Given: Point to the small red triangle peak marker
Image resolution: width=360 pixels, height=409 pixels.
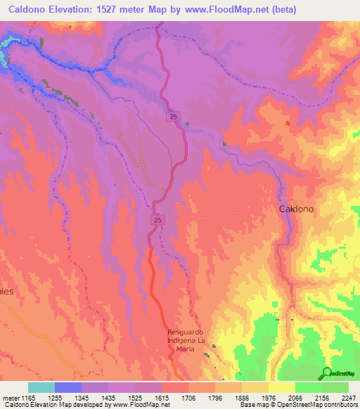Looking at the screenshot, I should [287, 124].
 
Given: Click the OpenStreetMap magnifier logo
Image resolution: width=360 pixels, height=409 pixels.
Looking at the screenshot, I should [327, 372].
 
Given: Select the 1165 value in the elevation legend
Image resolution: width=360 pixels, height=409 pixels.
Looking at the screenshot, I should [27, 398].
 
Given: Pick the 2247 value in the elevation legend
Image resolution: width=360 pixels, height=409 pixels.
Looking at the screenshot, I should [348, 398].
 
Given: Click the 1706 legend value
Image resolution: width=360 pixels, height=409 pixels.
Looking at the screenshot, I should [188, 398].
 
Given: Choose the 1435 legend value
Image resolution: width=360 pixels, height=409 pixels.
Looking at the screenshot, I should [108, 398].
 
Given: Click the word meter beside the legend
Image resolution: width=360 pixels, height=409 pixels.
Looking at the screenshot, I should [10, 398].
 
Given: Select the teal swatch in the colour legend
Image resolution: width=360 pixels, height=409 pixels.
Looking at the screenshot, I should [41, 387].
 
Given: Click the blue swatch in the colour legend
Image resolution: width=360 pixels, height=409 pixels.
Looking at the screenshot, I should [67, 387].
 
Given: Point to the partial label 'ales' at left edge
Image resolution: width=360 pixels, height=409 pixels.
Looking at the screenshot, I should [7, 290].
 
